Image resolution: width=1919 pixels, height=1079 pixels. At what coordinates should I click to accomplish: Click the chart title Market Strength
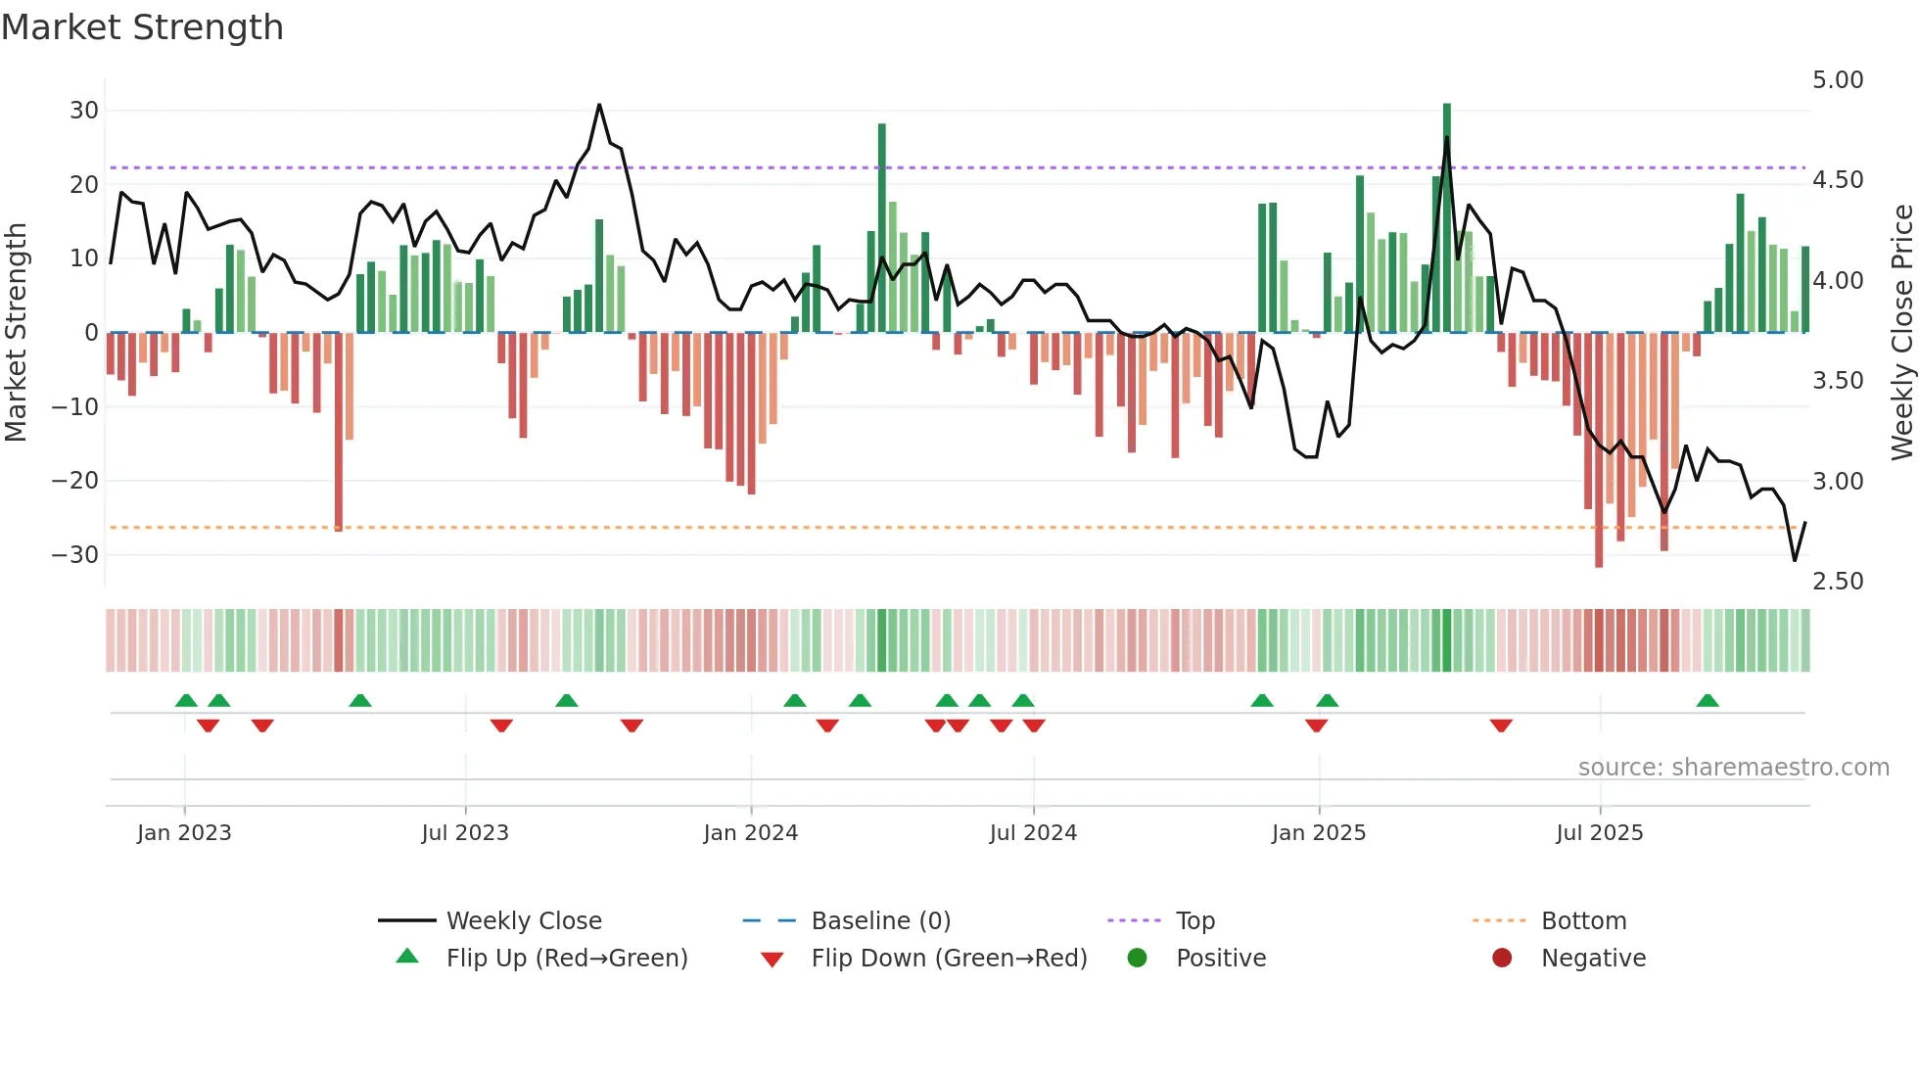142,27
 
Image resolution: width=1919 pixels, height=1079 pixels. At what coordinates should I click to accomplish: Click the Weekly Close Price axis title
1901,333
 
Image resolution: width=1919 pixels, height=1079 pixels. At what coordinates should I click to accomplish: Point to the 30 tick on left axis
84,111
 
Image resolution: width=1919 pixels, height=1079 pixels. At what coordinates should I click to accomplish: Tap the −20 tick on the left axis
75,481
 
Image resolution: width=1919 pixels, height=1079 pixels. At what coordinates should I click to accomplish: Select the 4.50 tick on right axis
1837,180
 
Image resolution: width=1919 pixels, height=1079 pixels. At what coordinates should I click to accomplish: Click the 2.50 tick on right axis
1837,582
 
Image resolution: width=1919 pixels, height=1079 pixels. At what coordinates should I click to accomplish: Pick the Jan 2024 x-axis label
750,833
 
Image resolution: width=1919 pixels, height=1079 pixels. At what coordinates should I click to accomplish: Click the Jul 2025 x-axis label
1599,833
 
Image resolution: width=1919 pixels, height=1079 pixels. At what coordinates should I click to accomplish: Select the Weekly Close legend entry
523,921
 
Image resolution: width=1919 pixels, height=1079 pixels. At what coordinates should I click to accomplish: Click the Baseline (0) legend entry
880,921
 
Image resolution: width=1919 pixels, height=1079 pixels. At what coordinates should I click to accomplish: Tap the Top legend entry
1194,921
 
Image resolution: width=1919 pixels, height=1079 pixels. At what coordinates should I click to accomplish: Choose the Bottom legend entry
1583,921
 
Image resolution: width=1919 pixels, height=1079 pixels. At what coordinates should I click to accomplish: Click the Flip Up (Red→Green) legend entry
566,959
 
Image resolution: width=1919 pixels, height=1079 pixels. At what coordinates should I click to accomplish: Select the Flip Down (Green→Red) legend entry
948,959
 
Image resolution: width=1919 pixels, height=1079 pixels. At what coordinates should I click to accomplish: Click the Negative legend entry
1593,959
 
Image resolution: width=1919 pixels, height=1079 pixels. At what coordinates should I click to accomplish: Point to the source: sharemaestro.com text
1733,768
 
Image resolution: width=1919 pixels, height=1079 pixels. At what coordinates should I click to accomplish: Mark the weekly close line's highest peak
599,105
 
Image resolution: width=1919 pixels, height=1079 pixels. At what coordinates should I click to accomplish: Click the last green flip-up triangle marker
1707,700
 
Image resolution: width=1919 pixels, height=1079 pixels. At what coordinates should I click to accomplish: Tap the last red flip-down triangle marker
1501,726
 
